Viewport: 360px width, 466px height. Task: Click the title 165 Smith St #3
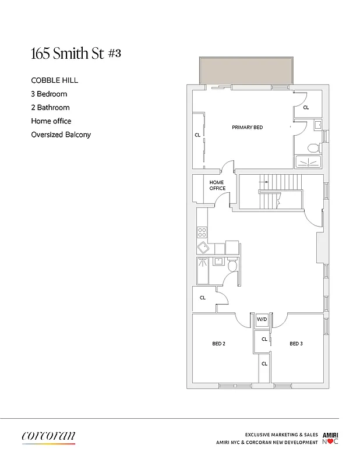pyautogui.click(x=76, y=54)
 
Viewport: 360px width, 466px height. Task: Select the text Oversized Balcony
pyautogui.click(x=61, y=135)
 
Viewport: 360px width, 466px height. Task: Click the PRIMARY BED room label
pyautogui.click(x=247, y=127)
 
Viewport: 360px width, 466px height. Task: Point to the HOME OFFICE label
pyautogui.click(x=217, y=185)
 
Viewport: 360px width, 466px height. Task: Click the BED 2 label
pyautogui.click(x=218, y=344)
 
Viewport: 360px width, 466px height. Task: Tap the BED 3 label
pyautogui.click(x=296, y=344)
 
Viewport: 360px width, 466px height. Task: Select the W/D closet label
pyautogui.click(x=262, y=319)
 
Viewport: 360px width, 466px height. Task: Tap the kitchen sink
pyautogui.click(x=203, y=248)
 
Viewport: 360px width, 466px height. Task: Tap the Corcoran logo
pyautogui.click(x=48, y=436)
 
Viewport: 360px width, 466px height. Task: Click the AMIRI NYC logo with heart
pyautogui.click(x=330, y=439)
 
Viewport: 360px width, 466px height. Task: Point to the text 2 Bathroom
pyautogui.click(x=50, y=107)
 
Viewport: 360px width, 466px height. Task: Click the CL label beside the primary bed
pyautogui.click(x=197, y=135)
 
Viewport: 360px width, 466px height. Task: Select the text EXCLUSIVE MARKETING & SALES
pyautogui.click(x=281, y=435)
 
